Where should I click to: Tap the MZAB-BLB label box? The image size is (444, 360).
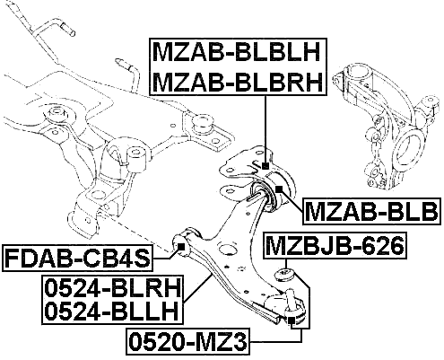(370, 212)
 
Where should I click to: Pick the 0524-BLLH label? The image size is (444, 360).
(110, 312)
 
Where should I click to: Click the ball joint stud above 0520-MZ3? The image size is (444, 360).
(292, 310)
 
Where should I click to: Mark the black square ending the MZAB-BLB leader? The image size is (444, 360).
(282, 189)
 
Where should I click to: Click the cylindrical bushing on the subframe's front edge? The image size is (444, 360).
(139, 161)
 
